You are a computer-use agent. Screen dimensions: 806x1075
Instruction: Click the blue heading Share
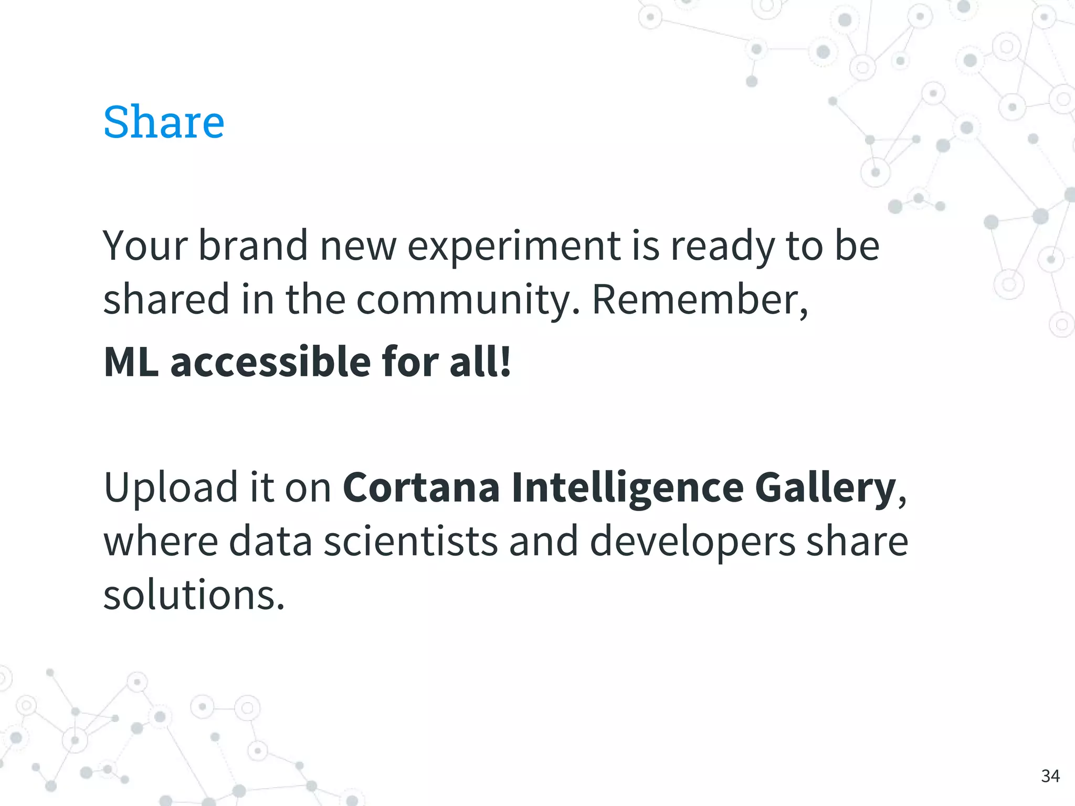pyautogui.click(x=164, y=122)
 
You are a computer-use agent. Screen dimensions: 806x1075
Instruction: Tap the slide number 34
pyautogui.click(x=1050, y=776)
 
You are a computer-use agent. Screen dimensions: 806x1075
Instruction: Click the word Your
pyautogui.click(x=145, y=246)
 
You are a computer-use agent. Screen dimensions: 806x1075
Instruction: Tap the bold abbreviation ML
pyautogui.click(x=131, y=362)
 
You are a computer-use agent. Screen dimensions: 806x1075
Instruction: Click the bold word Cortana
pyautogui.click(x=421, y=488)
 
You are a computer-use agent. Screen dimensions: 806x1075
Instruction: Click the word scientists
pyautogui.click(x=410, y=542)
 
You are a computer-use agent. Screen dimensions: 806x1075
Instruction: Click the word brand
pyautogui.click(x=253, y=246)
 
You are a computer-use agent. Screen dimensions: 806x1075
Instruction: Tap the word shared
pyautogui.click(x=166, y=299)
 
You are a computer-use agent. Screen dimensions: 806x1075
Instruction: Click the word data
pyautogui.click(x=270, y=542)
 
